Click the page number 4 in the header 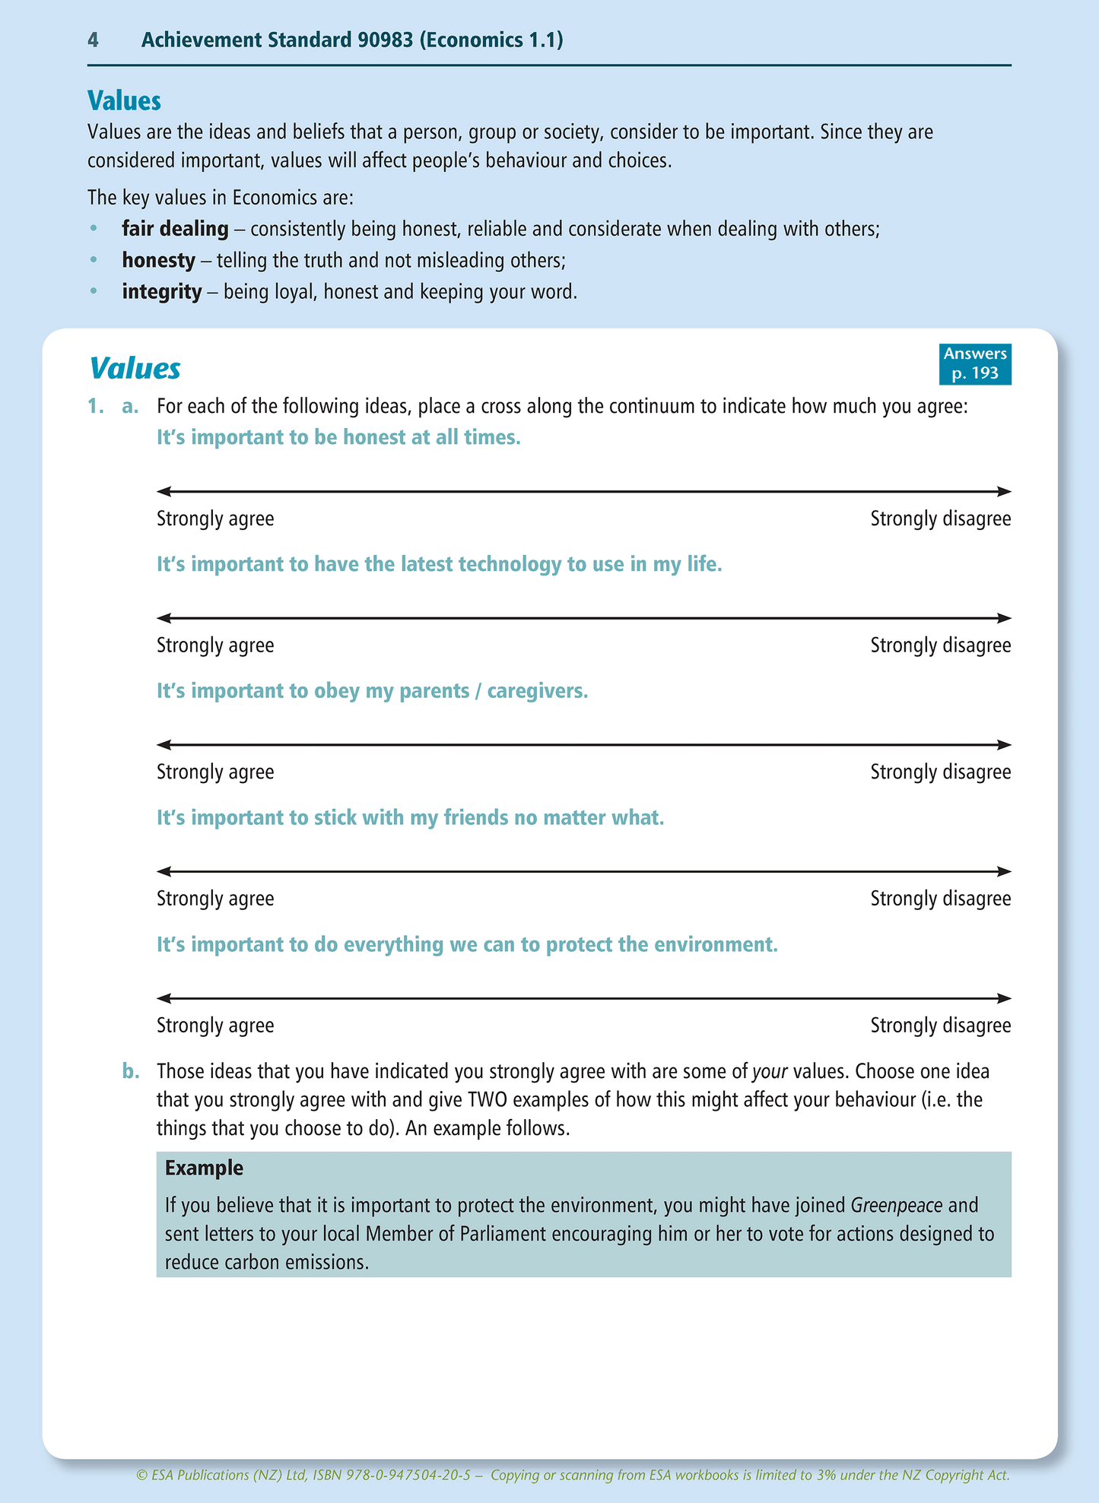click(x=93, y=40)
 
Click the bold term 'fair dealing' click(x=175, y=229)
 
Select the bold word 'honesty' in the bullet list click(x=158, y=261)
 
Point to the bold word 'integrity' click(x=162, y=292)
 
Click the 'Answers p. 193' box click(x=975, y=363)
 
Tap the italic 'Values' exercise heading click(x=135, y=369)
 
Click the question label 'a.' click(x=130, y=407)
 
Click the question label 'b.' click(x=131, y=1072)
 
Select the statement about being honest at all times click(x=338, y=438)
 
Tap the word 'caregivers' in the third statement click(x=536, y=691)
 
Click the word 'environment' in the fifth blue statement click(x=705, y=945)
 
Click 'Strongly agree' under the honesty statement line click(x=215, y=519)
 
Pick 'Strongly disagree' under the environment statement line click(x=940, y=1026)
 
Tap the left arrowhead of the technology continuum click(x=162, y=618)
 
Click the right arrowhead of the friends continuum click(x=1005, y=871)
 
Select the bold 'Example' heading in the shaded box click(x=204, y=1168)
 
